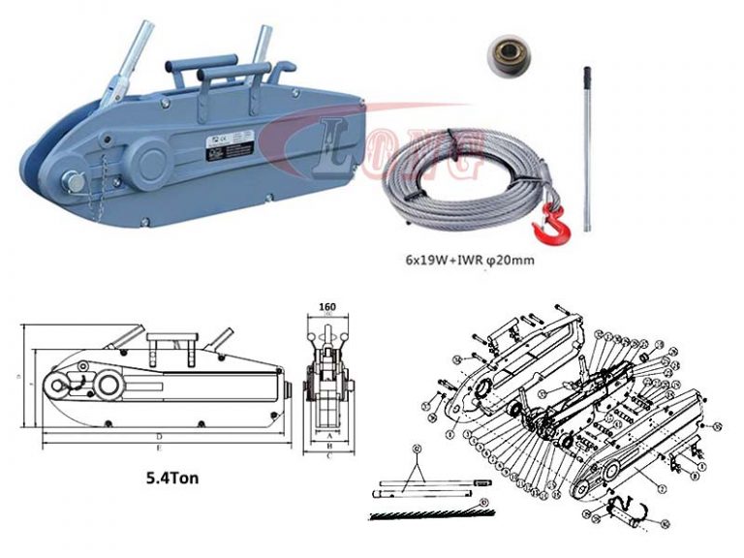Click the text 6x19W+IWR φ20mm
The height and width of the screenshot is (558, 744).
(471, 261)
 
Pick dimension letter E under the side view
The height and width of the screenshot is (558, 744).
(159, 451)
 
